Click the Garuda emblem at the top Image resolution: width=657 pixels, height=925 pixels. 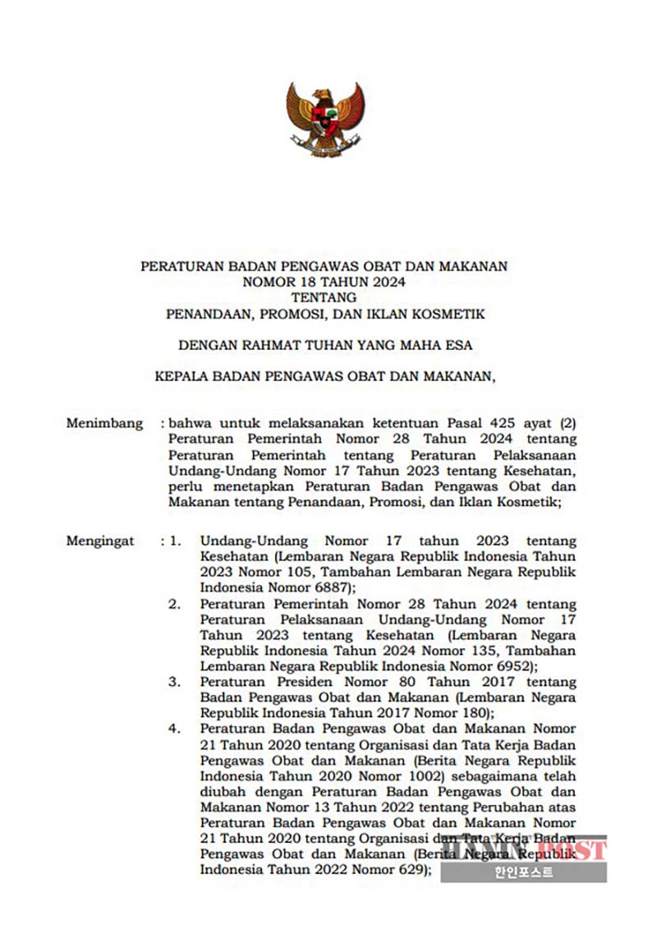pyautogui.click(x=324, y=119)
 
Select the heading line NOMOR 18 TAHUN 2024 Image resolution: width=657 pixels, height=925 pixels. pyautogui.click(x=324, y=282)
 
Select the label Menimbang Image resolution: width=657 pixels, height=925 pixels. pyautogui.click(x=104, y=424)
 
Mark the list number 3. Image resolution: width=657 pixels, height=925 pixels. pyautogui.click(x=174, y=682)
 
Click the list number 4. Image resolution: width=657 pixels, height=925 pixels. pyautogui.click(x=174, y=729)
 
